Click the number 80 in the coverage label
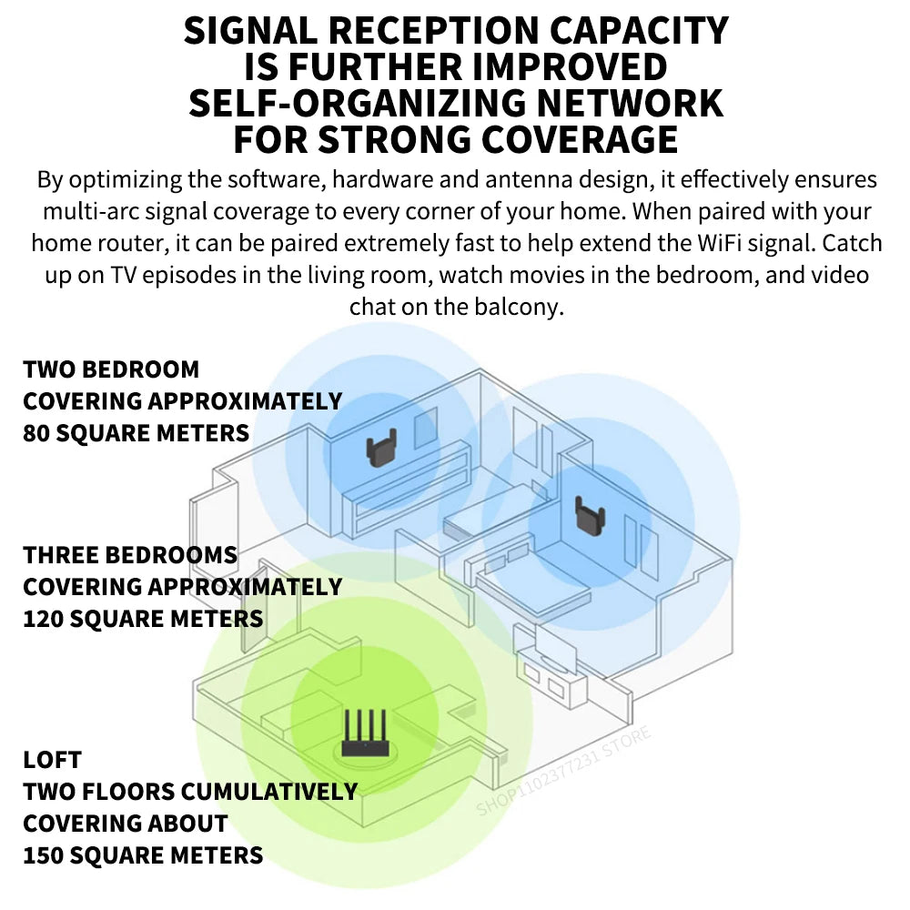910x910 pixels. tap(36, 432)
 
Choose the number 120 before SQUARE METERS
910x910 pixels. tap(44, 619)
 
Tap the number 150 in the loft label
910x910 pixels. tap(44, 855)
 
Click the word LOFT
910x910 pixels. tap(53, 760)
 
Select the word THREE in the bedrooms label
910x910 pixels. tap(63, 555)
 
